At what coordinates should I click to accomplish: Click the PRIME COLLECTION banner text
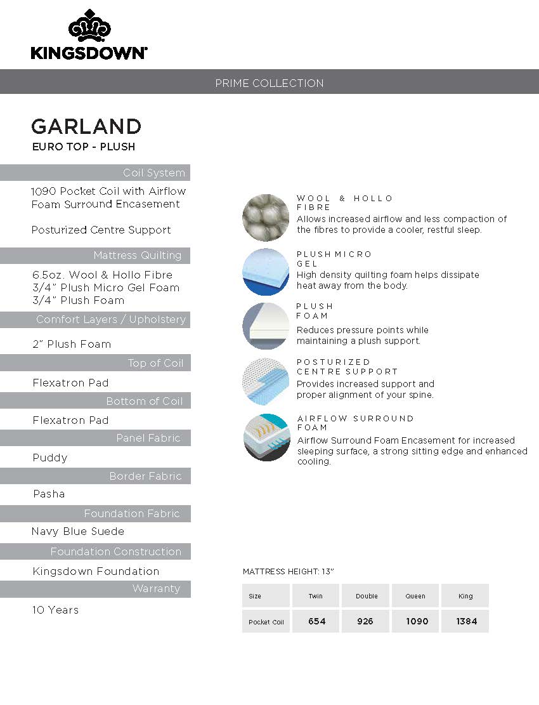[x=269, y=83]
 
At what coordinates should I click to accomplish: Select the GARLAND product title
[x=86, y=126]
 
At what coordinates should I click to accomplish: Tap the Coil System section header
[x=154, y=173]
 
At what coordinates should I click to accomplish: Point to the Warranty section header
[x=156, y=589]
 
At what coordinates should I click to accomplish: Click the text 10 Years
[x=56, y=610]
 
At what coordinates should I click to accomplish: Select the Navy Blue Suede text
[x=78, y=531]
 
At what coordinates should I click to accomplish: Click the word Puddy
[x=50, y=458]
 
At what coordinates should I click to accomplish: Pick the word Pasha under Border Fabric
[x=49, y=494]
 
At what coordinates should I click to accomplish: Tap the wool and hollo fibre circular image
[x=266, y=218]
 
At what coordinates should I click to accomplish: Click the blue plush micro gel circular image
[x=266, y=271]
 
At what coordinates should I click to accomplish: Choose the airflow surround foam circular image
[x=266, y=437]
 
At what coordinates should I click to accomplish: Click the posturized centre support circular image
[x=266, y=381]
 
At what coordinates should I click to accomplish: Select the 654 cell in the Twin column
[x=316, y=621]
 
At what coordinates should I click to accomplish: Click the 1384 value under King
[x=466, y=621]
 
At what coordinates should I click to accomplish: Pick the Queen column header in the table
[x=416, y=596]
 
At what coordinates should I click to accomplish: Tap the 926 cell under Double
[x=365, y=621]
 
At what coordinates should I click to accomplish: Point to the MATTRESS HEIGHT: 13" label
[x=288, y=572]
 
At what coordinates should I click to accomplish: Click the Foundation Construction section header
[x=116, y=551]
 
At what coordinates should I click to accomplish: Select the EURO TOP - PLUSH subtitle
[x=83, y=147]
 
